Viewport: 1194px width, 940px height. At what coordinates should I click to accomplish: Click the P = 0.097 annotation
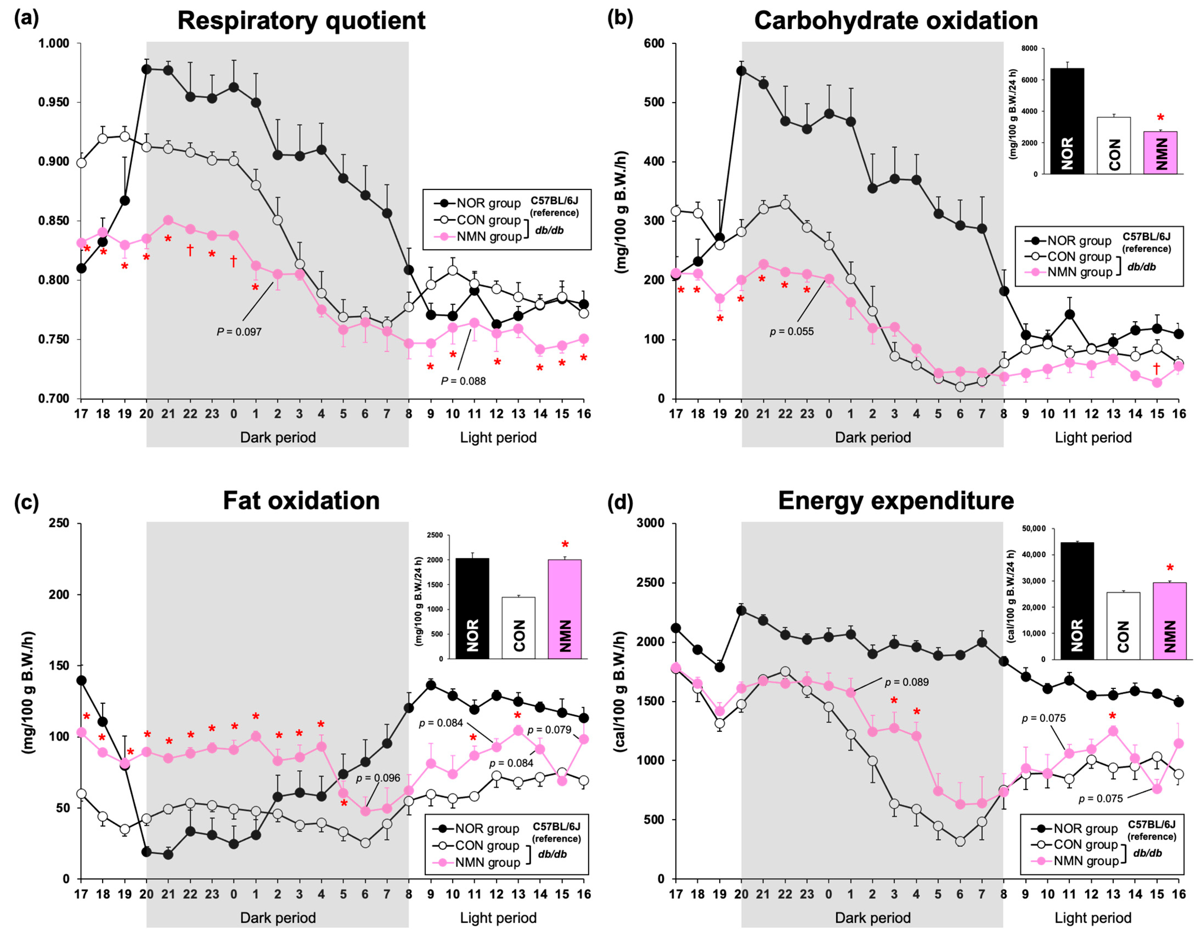(x=239, y=332)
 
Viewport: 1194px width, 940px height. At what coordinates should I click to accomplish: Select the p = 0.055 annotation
(x=791, y=331)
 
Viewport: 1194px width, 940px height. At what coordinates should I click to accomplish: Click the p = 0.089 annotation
(x=907, y=682)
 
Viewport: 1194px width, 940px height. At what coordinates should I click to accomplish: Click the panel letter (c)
(x=26, y=502)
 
